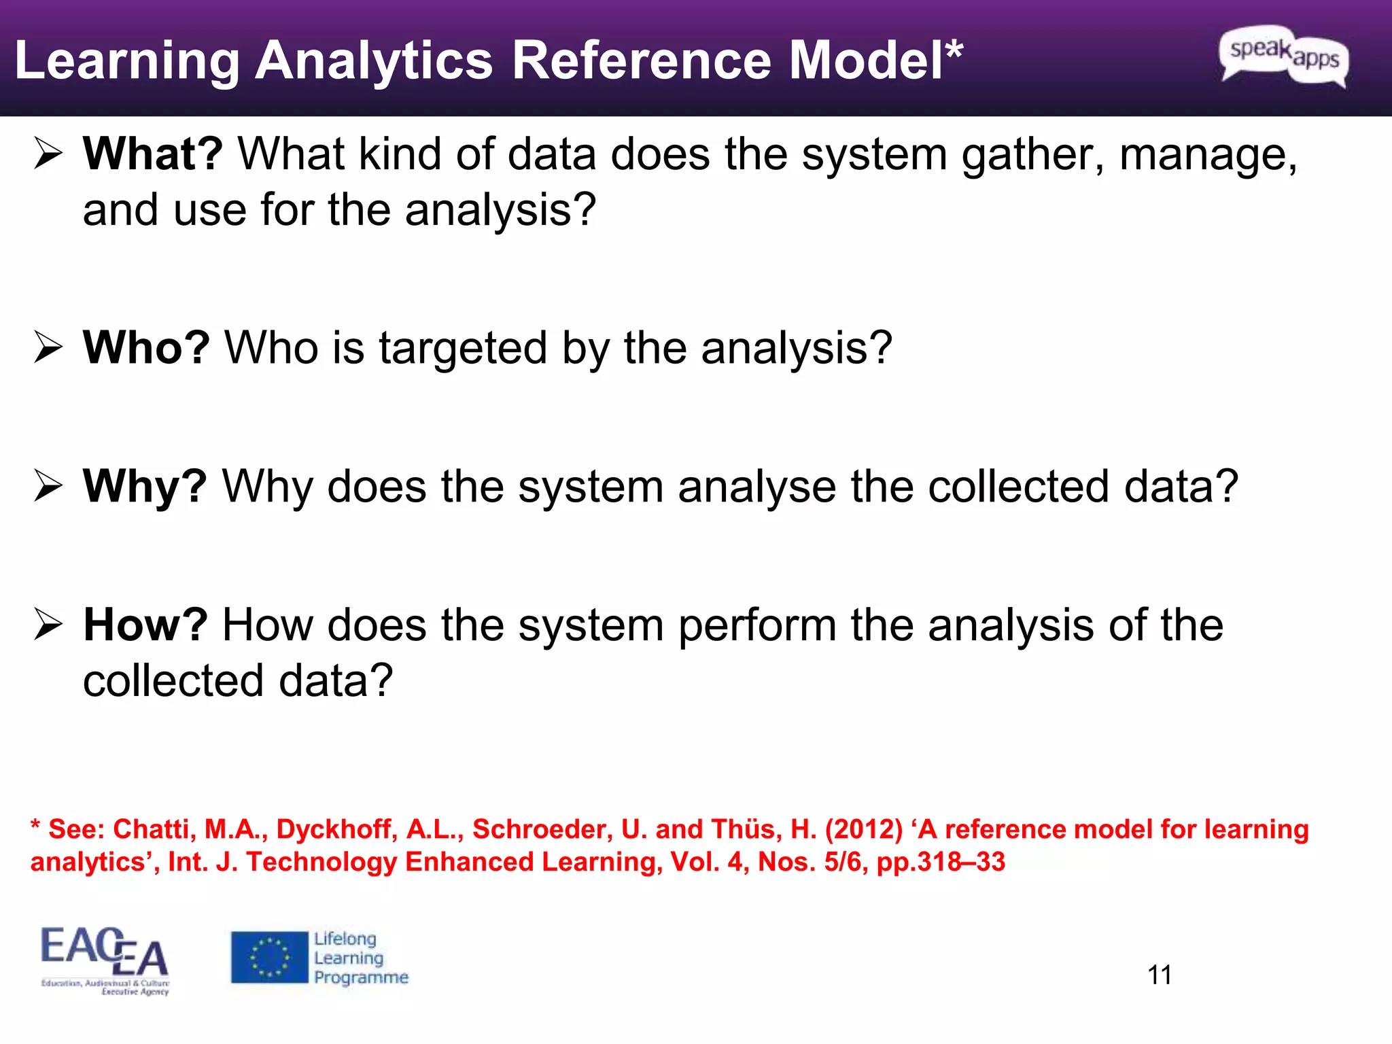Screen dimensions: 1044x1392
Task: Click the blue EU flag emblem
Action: pyautogui.click(x=269, y=958)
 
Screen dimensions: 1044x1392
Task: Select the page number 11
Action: pyautogui.click(x=1160, y=975)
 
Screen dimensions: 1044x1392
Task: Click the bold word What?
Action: pyautogui.click(x=153, y=154)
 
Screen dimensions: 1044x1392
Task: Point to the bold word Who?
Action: pyautogui.click(x=146, y=348)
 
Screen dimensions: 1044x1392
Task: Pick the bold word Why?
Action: pyautogui.click(x=145, y=487)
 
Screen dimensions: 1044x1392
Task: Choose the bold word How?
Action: pyautogui.click(x=145, y=625)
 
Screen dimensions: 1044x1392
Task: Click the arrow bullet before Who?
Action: pyautogui.click(x=48, y=348)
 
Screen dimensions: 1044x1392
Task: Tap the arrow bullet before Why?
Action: pyautogui.click(x=48, y=487)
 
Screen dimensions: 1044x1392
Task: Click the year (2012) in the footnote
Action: pyautogui.click(x=864, y=830)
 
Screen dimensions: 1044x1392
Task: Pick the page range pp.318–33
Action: pyautogui.click(x=941, y=863)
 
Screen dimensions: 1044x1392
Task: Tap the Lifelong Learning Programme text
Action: pyautogui.click(x=360, y=958)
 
